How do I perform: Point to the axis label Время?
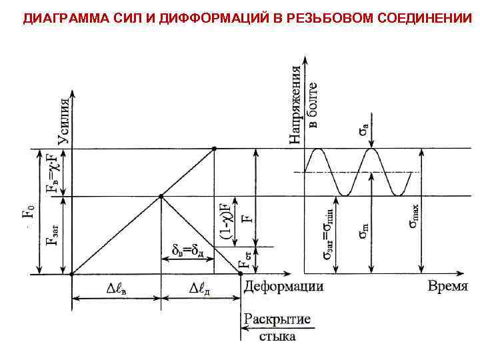(447, 287)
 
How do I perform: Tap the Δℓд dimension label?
(199, 289)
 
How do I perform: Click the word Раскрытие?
(277, 320)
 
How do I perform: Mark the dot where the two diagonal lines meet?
(161, 196)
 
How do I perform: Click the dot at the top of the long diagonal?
(213, 149)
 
